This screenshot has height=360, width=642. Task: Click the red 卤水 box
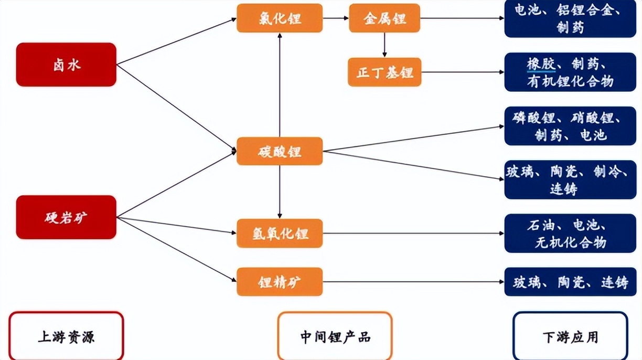[x=66, y=65]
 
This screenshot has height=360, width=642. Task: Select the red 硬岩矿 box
[x=66, y=217]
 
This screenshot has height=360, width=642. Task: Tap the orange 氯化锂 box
[x=280, y=18]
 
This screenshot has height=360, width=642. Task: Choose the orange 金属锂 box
[x=384, y=18]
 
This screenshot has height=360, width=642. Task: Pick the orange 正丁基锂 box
[x=384, y=72]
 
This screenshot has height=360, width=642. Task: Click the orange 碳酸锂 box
[x=280, y=151]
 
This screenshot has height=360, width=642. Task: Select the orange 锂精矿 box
[x=280, y=282]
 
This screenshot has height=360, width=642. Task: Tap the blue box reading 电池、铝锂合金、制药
[x=570, y=18]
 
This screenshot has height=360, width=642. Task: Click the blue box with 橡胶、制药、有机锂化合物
[x=570, y=72]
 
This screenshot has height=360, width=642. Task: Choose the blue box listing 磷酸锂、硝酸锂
[x=570, y=126]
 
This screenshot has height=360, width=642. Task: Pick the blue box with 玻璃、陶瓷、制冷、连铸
[x=570, y=179]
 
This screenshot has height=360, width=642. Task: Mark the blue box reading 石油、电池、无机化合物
[x=570, y=234]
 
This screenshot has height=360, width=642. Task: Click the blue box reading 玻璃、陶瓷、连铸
[x=570, y=282]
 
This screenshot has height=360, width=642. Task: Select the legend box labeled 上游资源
[x=66, y=336]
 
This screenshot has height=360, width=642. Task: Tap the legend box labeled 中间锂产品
[x=335, y=336]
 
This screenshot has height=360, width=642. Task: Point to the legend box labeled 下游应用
[x=570, y=336]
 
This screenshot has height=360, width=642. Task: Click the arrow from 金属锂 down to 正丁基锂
[x=384, y=45]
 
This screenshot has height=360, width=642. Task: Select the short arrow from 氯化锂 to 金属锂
[x=336, y=18]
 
